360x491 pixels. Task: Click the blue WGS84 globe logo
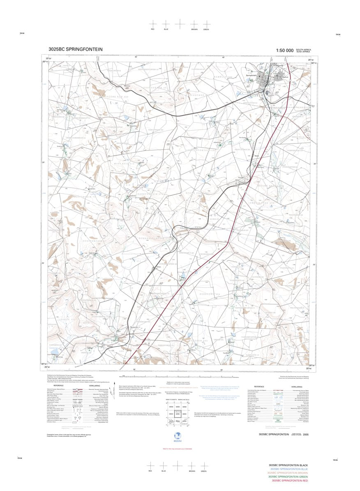tap(178, 425)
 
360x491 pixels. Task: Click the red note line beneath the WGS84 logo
tap(178, 437)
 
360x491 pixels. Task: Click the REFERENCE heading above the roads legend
tap(58, 386)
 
